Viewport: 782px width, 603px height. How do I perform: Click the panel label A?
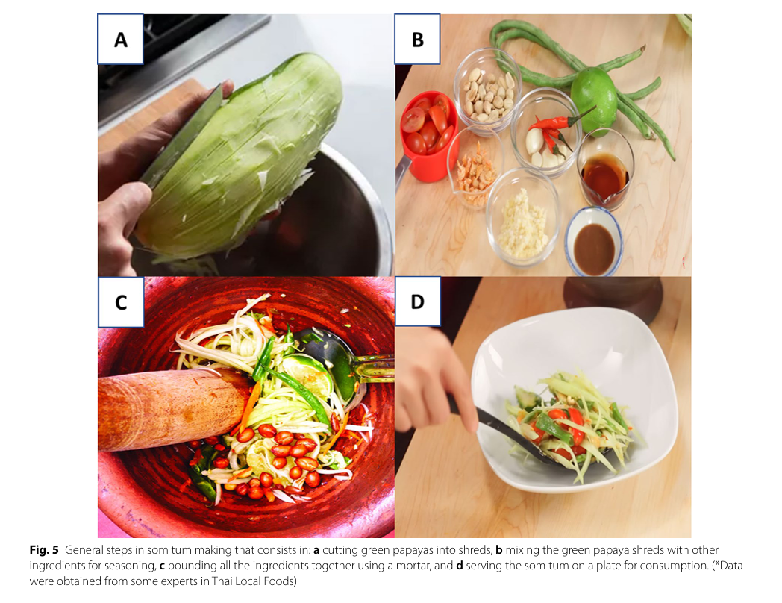(x=120, y=40)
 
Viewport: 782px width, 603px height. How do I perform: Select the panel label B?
(x=417, y=40)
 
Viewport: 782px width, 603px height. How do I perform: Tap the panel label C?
(x=121, y=302)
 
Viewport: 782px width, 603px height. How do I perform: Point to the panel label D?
(x=417, y=301)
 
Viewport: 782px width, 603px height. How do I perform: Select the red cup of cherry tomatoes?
(x=429, y=134)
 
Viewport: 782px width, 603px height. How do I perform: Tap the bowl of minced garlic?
(x=522, y=218)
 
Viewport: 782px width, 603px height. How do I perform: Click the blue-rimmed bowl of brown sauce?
(x=593, y=242)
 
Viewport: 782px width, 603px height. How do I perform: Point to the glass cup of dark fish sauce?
(x=604, y=169)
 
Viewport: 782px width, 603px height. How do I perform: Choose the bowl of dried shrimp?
(x=474, y=167)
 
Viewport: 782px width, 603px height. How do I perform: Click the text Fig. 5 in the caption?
(x=44, y=549)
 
